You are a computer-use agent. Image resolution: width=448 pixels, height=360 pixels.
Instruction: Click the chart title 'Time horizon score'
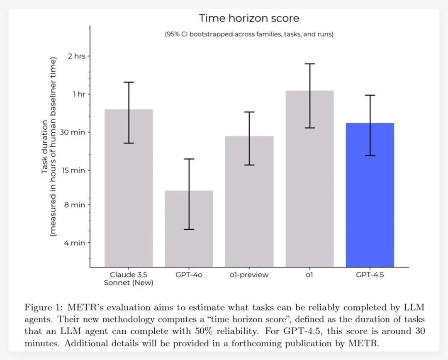point(249,18)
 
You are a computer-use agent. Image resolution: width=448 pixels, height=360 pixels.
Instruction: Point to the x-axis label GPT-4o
point(189,275)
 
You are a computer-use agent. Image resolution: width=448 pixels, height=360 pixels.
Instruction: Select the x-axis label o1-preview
point(249,275)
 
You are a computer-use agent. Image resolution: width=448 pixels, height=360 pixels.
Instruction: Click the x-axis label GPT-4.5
point(370,275)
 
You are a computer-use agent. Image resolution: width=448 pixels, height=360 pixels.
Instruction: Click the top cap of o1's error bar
point(309,64)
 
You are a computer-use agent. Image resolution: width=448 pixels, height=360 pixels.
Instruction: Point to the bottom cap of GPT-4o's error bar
point(189,229)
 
